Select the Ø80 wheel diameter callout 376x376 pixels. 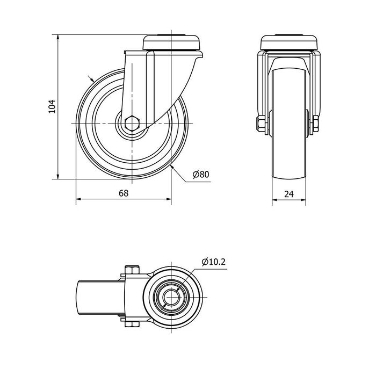pyautogui.click(x=200, y=174)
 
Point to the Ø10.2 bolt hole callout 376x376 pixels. pyautogui.click(x=213, y=262)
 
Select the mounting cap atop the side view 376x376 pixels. pyautogui.click(x=171, y=43)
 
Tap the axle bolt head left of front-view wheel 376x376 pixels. pyautogui.click(x=261, y=125)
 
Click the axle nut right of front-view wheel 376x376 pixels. pyautogui.click(x=315, y=125)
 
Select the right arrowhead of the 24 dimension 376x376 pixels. pyautogui.click(x=308, y=200)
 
